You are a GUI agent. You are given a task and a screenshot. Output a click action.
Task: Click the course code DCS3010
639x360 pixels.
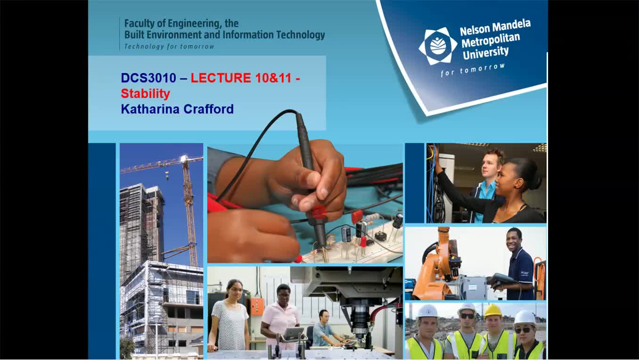point(148,78)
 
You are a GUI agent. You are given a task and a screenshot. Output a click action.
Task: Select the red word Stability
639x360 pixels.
point(146,94)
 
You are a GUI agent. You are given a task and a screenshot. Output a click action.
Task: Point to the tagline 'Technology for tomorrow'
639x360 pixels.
point(169,47)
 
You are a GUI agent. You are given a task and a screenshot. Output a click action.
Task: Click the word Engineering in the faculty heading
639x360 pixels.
point(193,24)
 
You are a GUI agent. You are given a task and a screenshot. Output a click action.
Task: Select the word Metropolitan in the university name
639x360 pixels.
point(491,40)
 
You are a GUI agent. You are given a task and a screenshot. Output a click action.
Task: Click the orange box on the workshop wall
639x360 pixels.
point(257,306)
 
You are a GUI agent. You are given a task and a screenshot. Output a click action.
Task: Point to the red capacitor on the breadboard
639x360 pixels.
point(357,217)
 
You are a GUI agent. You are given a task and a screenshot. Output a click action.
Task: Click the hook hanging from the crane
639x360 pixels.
point(167,177)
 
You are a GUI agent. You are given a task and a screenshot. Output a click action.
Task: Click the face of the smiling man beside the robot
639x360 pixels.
point(514,239)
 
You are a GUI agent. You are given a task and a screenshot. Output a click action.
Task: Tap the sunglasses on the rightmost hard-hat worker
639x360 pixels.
point(524,330)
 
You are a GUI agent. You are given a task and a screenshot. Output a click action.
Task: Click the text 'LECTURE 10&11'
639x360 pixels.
point(241,78)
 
